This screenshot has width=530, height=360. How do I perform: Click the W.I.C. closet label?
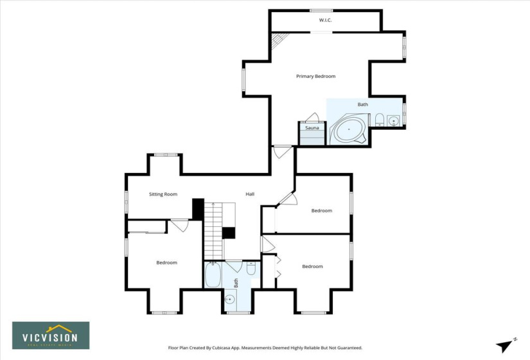325,21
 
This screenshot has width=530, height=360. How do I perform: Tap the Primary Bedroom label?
315,76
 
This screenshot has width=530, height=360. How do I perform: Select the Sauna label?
312,128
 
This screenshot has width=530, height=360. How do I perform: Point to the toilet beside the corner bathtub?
379,119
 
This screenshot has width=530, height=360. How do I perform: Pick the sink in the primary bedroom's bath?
394,120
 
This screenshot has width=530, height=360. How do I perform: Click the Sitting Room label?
163,194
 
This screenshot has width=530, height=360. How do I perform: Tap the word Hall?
250,194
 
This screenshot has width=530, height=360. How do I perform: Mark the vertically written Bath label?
236,282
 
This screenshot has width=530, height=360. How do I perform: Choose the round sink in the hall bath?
229,300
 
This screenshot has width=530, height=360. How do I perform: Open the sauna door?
313,118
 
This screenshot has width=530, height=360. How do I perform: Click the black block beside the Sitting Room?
198,209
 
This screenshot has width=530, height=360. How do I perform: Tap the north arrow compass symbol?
506,345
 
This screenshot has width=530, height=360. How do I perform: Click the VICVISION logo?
51,335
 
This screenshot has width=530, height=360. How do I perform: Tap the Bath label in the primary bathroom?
362,104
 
